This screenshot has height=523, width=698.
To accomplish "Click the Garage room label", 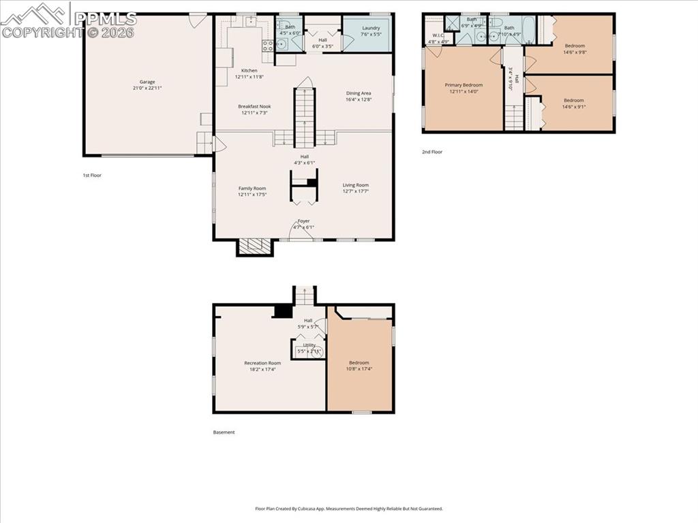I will tap(147, 82).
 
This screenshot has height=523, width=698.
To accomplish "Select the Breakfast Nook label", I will tap(254, 106).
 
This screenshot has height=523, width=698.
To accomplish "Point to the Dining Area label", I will tap(358, 93).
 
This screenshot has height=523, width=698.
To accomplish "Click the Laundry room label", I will tap(371, 28).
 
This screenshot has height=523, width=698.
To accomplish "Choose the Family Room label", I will tap(252, 189).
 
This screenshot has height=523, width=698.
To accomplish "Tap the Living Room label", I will tap(355, 185).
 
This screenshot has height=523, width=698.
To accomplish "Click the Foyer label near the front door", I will tap(303, 221).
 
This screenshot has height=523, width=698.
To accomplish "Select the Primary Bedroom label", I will tap(464, 85).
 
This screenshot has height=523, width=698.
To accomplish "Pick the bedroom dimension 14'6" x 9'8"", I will tap(574, 52).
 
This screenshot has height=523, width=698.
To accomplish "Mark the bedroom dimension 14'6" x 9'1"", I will tap(573, 106).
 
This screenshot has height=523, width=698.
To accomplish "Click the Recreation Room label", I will tap(262, 363).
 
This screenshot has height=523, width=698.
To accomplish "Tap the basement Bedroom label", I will tap(359, 363).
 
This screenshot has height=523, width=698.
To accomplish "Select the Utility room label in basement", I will tap(309, 345).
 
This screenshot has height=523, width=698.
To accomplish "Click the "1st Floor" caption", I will tap(92, 175).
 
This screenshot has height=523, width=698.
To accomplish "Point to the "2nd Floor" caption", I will tap(432, 152).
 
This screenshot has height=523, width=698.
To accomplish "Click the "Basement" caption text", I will tap(224, 432).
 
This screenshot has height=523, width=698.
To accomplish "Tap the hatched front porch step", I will tap(255, 247).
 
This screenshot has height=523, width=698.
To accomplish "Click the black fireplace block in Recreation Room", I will tap(282, 311).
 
